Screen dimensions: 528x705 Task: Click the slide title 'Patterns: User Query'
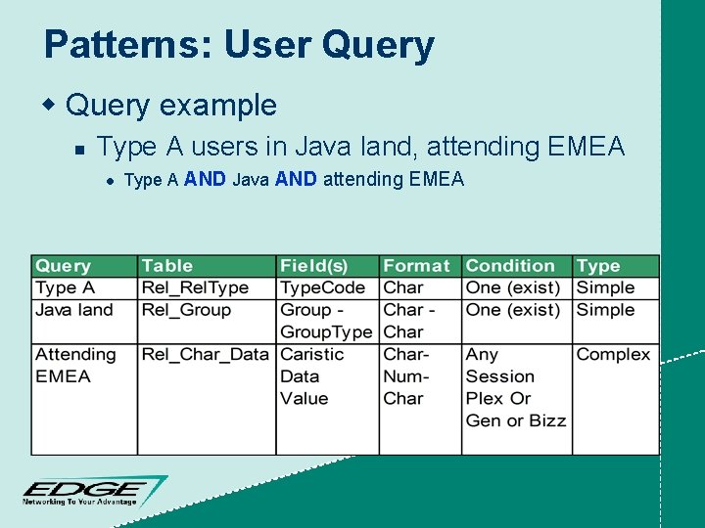point(239,45)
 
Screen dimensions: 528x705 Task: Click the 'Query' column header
point(63,266)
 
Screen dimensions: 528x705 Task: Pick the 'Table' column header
point(167,266)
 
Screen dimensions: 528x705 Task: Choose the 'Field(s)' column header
point(313,266)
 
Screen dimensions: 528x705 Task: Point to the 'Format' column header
point(416,266)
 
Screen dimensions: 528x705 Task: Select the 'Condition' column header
point(510,266)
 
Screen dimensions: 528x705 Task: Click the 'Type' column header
point(598,266)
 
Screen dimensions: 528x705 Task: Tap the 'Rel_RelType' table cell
point(195,287)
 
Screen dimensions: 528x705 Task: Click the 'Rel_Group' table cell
point(186,310)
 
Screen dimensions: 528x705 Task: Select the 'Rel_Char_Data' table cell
point(205,354)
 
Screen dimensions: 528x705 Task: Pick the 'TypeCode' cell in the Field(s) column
point(322,287)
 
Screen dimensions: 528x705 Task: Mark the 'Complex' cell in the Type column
point(613,354)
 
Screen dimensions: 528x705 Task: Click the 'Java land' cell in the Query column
point(73,310)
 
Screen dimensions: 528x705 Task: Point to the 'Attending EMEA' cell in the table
point(74,365)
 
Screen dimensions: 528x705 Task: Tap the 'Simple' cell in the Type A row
point(605,287)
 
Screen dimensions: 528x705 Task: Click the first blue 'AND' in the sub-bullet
point(205,179)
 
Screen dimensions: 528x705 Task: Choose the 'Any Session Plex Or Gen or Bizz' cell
point(515,387)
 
